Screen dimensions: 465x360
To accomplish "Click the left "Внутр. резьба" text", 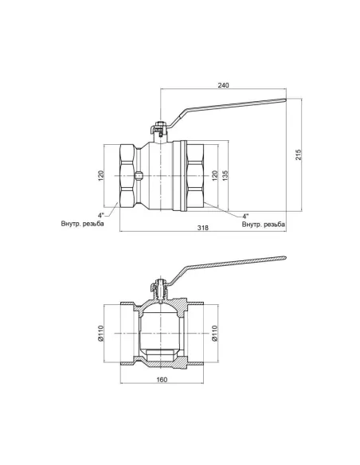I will point(82,224).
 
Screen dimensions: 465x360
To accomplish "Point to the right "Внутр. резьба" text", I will point(262,225).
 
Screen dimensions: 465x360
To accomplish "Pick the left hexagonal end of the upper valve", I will point(126,175).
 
